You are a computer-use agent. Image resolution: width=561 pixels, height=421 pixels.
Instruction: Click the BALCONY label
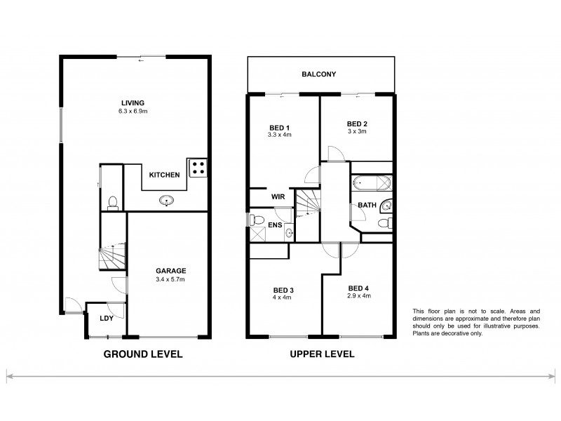click(x=318, y=74)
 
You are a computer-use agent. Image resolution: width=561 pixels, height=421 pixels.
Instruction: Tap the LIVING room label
click(x=132, y=102)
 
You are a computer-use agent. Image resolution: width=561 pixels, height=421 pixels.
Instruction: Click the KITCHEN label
click(x=165, y=175)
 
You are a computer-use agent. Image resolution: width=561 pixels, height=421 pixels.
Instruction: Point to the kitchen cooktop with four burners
click(x=198, y=166)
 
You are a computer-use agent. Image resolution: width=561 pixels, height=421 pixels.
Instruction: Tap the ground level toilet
click(x=113, y=203)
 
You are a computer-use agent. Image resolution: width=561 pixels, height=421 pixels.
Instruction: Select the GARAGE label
click(x=170, y=271)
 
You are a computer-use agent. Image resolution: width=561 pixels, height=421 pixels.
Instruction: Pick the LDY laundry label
click(x=107, y=318)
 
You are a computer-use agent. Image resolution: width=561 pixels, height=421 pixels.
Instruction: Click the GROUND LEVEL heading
click(x=143, y=354)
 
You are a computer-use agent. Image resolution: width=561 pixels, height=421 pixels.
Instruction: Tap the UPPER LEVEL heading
click(x=323, y=354)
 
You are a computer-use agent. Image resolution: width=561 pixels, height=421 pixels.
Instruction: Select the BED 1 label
click(x=280, y=128)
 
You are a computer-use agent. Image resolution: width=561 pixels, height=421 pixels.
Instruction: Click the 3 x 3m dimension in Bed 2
click(x=358, y=132)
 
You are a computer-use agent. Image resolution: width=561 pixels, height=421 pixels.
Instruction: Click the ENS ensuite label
click(x=276, y=225)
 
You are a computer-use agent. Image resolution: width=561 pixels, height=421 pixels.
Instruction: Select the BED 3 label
click(x=283, y=289)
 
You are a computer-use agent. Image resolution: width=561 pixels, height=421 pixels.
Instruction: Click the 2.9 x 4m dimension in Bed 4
click(x=358, y=296)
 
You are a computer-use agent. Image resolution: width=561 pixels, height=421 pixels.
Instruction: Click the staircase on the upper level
click(x=308, y=205)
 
